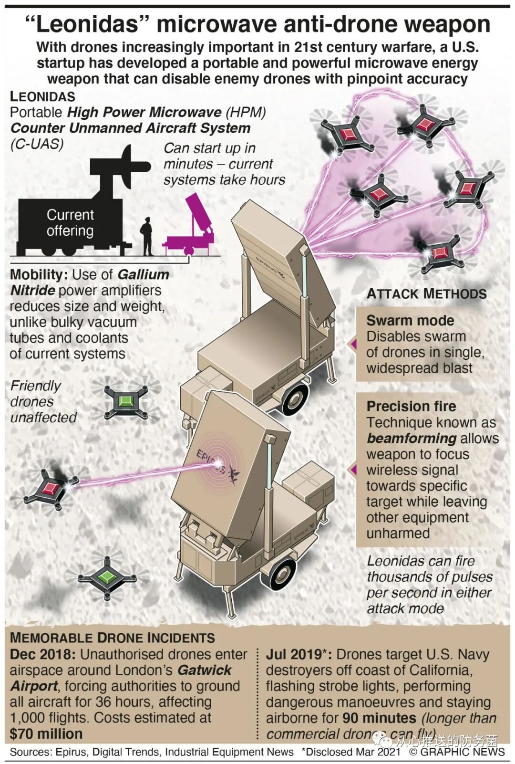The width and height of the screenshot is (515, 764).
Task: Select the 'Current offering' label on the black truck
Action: (70, 223)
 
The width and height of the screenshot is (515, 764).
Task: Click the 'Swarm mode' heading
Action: (410, 320)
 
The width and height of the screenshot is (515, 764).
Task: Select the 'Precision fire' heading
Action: (411, 406)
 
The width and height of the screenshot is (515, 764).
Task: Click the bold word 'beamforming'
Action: (412, 438)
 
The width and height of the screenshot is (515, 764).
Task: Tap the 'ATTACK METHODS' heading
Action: (426, 294)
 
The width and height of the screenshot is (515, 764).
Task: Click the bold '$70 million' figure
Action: (46, 733)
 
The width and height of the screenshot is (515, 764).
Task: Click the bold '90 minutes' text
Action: (380, 718)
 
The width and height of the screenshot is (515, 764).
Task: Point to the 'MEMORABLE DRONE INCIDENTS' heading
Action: (113, 638)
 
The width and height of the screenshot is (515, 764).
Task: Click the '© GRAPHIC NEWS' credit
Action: (457, 752)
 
